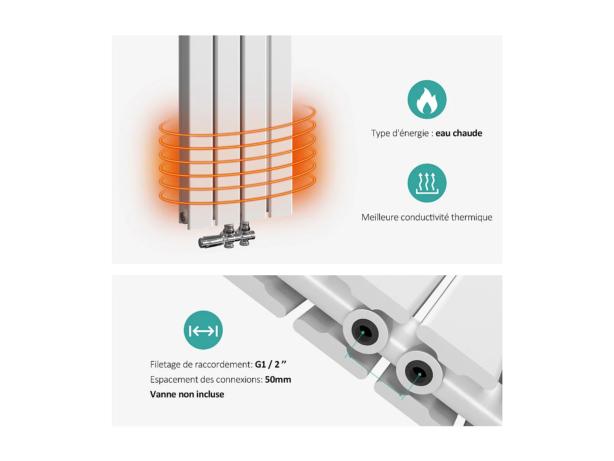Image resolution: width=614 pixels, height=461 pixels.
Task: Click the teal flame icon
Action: pyautogui.click(x=427, y=100)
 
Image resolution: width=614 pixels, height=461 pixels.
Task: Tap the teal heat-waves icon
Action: pyautogui.click(x=427, y=183)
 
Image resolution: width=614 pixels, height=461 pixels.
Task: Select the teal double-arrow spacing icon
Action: pyautogui.click(x=203, y=330)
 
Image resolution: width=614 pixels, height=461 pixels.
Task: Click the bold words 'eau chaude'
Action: pyautogui.click(x=458, y=133)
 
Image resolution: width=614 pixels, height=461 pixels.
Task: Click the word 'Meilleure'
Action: pyautogui.click(x=380, y=217)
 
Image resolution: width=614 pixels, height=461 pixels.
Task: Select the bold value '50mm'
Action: pyautogui.click(x=278, y=379)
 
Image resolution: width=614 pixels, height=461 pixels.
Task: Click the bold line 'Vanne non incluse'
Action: pyautogui.click(x=187, y=394)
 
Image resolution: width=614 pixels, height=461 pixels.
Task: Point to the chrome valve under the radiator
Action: pyautogui.click(x=229, y=237)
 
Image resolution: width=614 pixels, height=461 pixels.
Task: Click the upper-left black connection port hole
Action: pyautogui.click(x=363, y=332)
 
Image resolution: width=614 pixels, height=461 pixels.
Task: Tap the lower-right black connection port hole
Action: pyautogui.click(x=419, y=373)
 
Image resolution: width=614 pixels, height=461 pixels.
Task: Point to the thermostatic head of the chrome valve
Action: pyautogui.click(x=209, y=241)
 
